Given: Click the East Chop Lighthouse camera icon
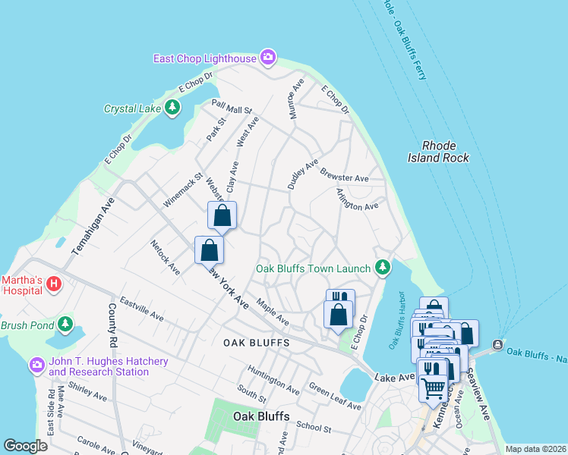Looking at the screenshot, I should click(267, 57).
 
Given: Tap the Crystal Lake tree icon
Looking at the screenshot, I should click(173, 108).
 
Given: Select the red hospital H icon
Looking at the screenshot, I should click(53, 284).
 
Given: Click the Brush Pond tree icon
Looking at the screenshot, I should click(66, 325).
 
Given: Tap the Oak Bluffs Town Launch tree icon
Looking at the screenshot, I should click(383, 267).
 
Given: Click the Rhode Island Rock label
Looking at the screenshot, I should click(445, 152).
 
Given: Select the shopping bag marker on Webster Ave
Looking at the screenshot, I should click(222, 216).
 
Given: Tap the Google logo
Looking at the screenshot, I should click(26, 446).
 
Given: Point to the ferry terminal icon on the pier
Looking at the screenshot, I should click(497, 345).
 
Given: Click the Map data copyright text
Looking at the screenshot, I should click(535, 449).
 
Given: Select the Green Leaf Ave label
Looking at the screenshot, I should click(335, 396).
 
